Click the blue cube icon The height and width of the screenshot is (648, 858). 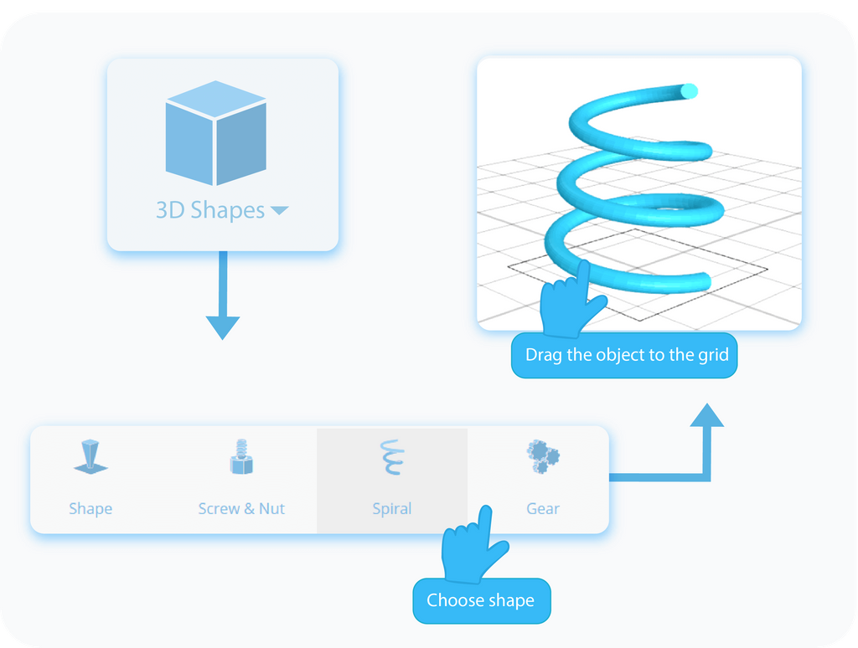(x=216, y=133)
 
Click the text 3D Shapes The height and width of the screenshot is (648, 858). (x=210, y=210)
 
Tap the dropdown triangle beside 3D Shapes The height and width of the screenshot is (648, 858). (x=279, y=211)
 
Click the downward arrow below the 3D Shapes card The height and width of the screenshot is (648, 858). (x=222, y=326)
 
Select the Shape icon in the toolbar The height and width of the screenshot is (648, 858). (x=90, y=457)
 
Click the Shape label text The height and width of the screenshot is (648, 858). (x=90, y=508)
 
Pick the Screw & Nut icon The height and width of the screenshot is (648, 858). (x=241, y=458)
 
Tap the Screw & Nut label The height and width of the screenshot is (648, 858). (x=241, y=508)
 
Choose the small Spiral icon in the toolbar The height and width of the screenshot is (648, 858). (x=391, y=457)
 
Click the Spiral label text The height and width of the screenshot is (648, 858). (x=391, y=508)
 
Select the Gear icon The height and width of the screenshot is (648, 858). (x=542, y=457)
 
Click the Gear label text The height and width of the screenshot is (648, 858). (x=542, y=508)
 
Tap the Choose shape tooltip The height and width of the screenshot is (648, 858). (x=481, y=600)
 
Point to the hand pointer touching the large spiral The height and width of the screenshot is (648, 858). (x=573, y=300)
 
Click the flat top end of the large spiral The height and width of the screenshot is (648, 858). (x=689, y=90)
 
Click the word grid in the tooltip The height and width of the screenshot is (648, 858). (x=712, y=354)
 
